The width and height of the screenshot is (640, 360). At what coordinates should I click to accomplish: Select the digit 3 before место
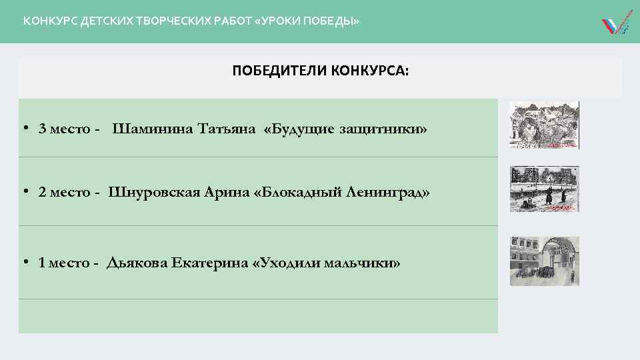[x=42, y=128]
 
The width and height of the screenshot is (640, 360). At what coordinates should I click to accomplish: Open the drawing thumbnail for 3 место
[x=544, y=125]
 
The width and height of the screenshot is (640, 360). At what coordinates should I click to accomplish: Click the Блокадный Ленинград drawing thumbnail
[x=544, y=189]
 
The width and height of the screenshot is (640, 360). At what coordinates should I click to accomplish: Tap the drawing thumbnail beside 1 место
[x=544, y=261]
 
